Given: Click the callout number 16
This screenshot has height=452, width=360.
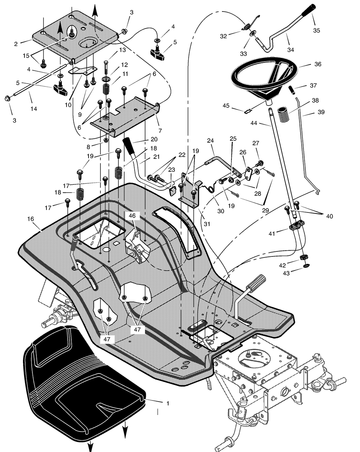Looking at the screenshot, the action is (x=31, y=219).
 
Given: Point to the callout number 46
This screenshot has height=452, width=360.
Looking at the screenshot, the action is (x=132, y=216).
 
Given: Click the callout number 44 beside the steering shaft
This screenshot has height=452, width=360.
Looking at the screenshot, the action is (x=254, y=123).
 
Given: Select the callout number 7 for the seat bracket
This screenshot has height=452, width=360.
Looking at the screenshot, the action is (x=160, y=131).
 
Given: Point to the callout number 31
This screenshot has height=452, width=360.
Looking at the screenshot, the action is (x=207, y=224).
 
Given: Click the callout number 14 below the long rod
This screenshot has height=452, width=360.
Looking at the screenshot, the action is (x=33, y=109).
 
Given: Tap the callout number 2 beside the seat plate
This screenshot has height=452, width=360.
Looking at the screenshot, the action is (x=16, y=44).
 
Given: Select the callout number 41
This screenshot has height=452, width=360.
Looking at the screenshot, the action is (x=272, y=233).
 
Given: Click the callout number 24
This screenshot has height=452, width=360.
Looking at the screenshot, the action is (x=210, y=140).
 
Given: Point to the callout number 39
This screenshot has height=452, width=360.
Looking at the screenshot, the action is (x=321, y=112).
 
